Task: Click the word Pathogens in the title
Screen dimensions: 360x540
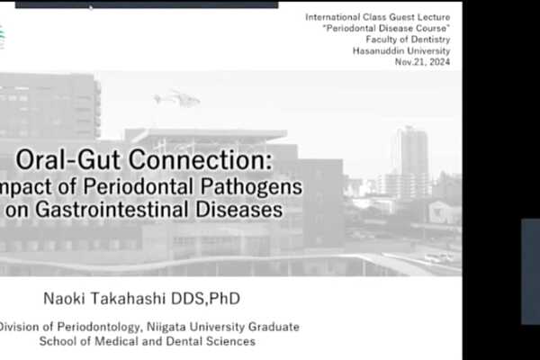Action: pos(257,188)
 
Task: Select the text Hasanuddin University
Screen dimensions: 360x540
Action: pos(401,50)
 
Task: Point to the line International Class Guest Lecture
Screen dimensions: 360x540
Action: pos(378,17)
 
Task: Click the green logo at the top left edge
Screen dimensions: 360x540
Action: pos(2,36)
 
